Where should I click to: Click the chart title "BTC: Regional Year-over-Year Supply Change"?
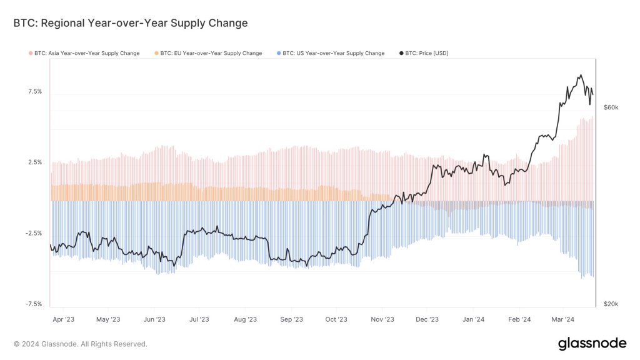pyautogui.click(x=131, y=23)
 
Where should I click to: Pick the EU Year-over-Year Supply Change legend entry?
pyautogui.click(x=208, y=54)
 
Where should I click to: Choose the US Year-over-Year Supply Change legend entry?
pyautogui.click(x=331, y=54)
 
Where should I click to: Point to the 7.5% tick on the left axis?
pyautogui.click(x=35, y=91)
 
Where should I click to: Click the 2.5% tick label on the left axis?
pyautogui.click(x=35, y=162)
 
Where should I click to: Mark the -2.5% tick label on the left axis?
pyautogui.click(x=34, y=233)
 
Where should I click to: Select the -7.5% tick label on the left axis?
pyautogui.click(x=34, y=304)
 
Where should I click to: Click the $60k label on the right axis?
pyautogui.click(x=611, y=107)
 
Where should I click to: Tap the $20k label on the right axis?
pyautogui.click(x=611, y=304)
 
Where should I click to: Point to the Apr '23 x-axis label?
pyautogui.click(x=63, y=319)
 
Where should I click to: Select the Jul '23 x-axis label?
pyautogui.click(x=199, y=319)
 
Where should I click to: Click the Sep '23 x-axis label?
pyautogui.click(x=291, y=319)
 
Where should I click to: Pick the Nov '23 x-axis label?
pyautogui.click(x=382, y=319)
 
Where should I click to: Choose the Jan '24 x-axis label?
pyautogui.click(x=473, y=319)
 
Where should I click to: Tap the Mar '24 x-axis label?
pyautogui.click(x=562, y=319)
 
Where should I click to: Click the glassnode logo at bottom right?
pyautogui.click(x=591, y=343)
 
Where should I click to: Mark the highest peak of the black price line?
pyautogui.click(x=581, y=75)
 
